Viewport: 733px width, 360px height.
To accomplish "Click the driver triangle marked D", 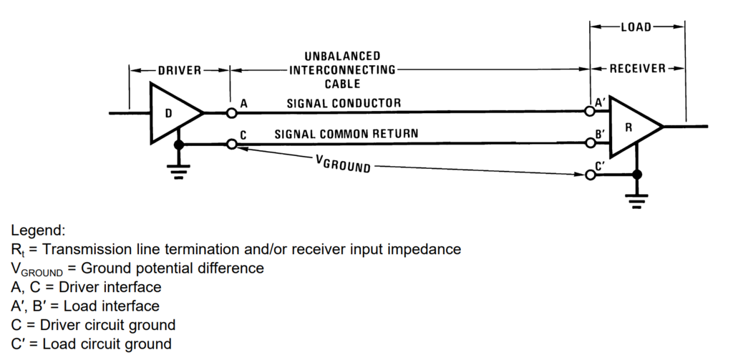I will (x=170, y=113).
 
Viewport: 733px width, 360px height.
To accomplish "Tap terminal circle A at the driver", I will (x=231, y=113).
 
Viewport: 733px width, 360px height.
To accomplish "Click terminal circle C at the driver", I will (x=231, y=145).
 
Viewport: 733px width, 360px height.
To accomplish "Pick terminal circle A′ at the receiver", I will (x=589, y=111).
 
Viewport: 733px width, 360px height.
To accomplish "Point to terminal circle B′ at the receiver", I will (x=589, y=143).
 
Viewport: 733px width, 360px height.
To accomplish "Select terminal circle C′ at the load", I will (x=589, y=175).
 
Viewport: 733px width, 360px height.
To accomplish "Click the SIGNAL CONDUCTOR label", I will (x=344, y=103).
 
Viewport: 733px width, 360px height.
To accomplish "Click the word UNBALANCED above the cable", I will (x=342, y=56).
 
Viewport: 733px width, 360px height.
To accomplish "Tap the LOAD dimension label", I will (x=636, y=27).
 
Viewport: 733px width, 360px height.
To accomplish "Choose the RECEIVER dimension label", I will (x=637, y=69).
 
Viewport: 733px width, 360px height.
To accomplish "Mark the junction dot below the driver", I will (x=179, y=145).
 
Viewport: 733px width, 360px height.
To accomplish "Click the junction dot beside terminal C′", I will (x=636, y=175).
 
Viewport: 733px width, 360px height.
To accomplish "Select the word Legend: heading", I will (x=38, y=230).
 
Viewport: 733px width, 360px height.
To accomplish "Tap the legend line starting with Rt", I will (x=236, y=249).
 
